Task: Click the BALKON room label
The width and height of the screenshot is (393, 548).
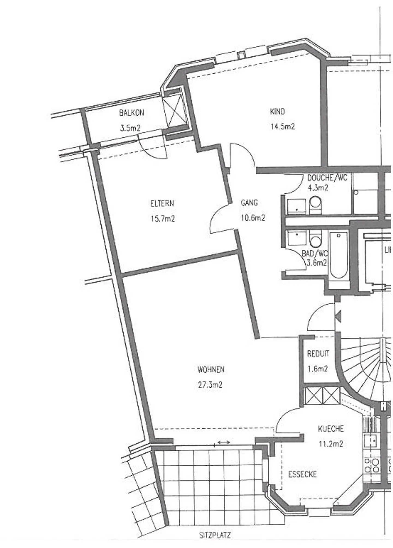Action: coord(131,113)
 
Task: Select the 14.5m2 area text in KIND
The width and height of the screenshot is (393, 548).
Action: coord(282,127)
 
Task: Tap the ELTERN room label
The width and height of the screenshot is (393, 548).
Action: coord(162,203)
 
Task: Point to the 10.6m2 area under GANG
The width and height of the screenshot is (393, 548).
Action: coord(253,218)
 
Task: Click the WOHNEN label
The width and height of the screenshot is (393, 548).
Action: coord(211,370)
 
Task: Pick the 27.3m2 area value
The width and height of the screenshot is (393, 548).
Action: coord(210,385)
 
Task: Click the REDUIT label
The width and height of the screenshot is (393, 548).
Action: coord(318,354)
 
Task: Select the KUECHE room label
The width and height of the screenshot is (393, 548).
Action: coord(331,429)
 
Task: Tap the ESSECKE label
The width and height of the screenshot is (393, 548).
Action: coord(302,474)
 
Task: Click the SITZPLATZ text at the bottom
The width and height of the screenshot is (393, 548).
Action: coord(215,535)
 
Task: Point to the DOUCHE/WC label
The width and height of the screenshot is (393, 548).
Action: coord(327,178)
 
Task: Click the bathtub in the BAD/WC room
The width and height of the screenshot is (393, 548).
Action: coord(339,255)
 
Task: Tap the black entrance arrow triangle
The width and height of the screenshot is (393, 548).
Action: coord(338,317)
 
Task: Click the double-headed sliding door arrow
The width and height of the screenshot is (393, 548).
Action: coord(224,442)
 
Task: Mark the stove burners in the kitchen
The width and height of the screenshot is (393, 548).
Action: coord(371,465)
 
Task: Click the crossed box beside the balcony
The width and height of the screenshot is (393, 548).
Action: coord(175,110)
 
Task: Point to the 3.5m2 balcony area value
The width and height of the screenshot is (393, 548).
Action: coord(130,128)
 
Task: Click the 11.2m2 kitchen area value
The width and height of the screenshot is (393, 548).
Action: coord(331,444)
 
